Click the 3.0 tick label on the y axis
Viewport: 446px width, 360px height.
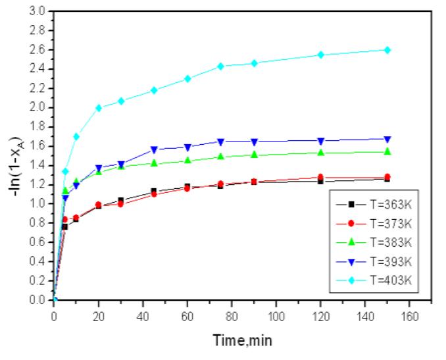(37, 11)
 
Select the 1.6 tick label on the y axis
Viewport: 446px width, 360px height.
(37, 146)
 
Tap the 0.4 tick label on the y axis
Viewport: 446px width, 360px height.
(37, 261)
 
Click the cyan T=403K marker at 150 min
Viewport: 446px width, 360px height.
(387, 50)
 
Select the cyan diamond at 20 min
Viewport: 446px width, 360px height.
(99, 108)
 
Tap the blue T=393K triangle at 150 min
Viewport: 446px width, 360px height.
(387, 139)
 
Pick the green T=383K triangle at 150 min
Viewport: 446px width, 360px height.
(387, 151)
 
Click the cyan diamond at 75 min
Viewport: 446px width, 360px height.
(220, 66)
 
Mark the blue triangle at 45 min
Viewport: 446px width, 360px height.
(154, 149)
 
